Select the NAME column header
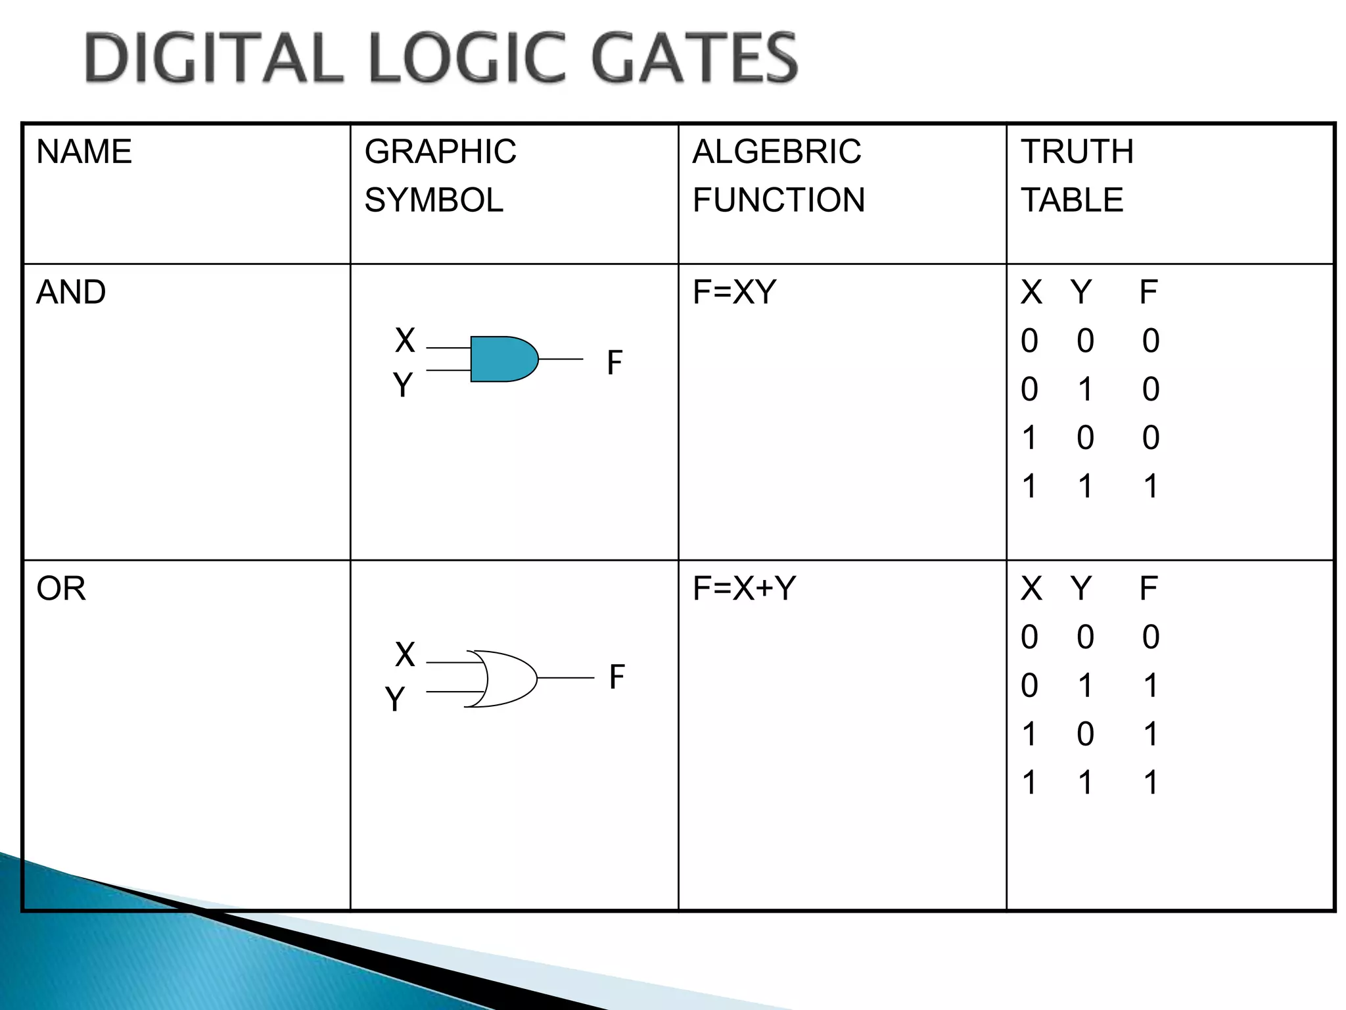pyautogui.click(x=84, y=152)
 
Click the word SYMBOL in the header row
pyautogui.click(x=434, y=200)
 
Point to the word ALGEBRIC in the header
pyautogui.click(x=776, y=152)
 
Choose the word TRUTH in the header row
pyautogui.click(x=1077, y=152)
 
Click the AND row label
pyautogui.click(x=71, y=292)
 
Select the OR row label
pyautogui.click(x=61, y=589)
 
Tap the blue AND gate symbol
pyautogui.click(x=503, y=359)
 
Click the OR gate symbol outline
pyautogui.click(x=509, y=679)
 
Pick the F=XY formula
pyautogui.click(x=734, y=292)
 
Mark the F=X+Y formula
pyautogui.click(x=744, y=589)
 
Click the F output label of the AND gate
pyautogui.click(x=615, y=362)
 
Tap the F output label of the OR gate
pyautogui.click(x=616, y=677)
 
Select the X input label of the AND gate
pyautogui.click(x=405, y=341)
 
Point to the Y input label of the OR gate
pyautogui.click(x=394, y=699)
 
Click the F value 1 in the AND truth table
pyautogui.click(x=1150, y=487)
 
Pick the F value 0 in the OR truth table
pyautogui.click(x=1150, y=637)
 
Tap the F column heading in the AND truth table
pyautogui.click(x=1148, y=292)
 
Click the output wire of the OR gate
pyautogui.click(x=565, y=678)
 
